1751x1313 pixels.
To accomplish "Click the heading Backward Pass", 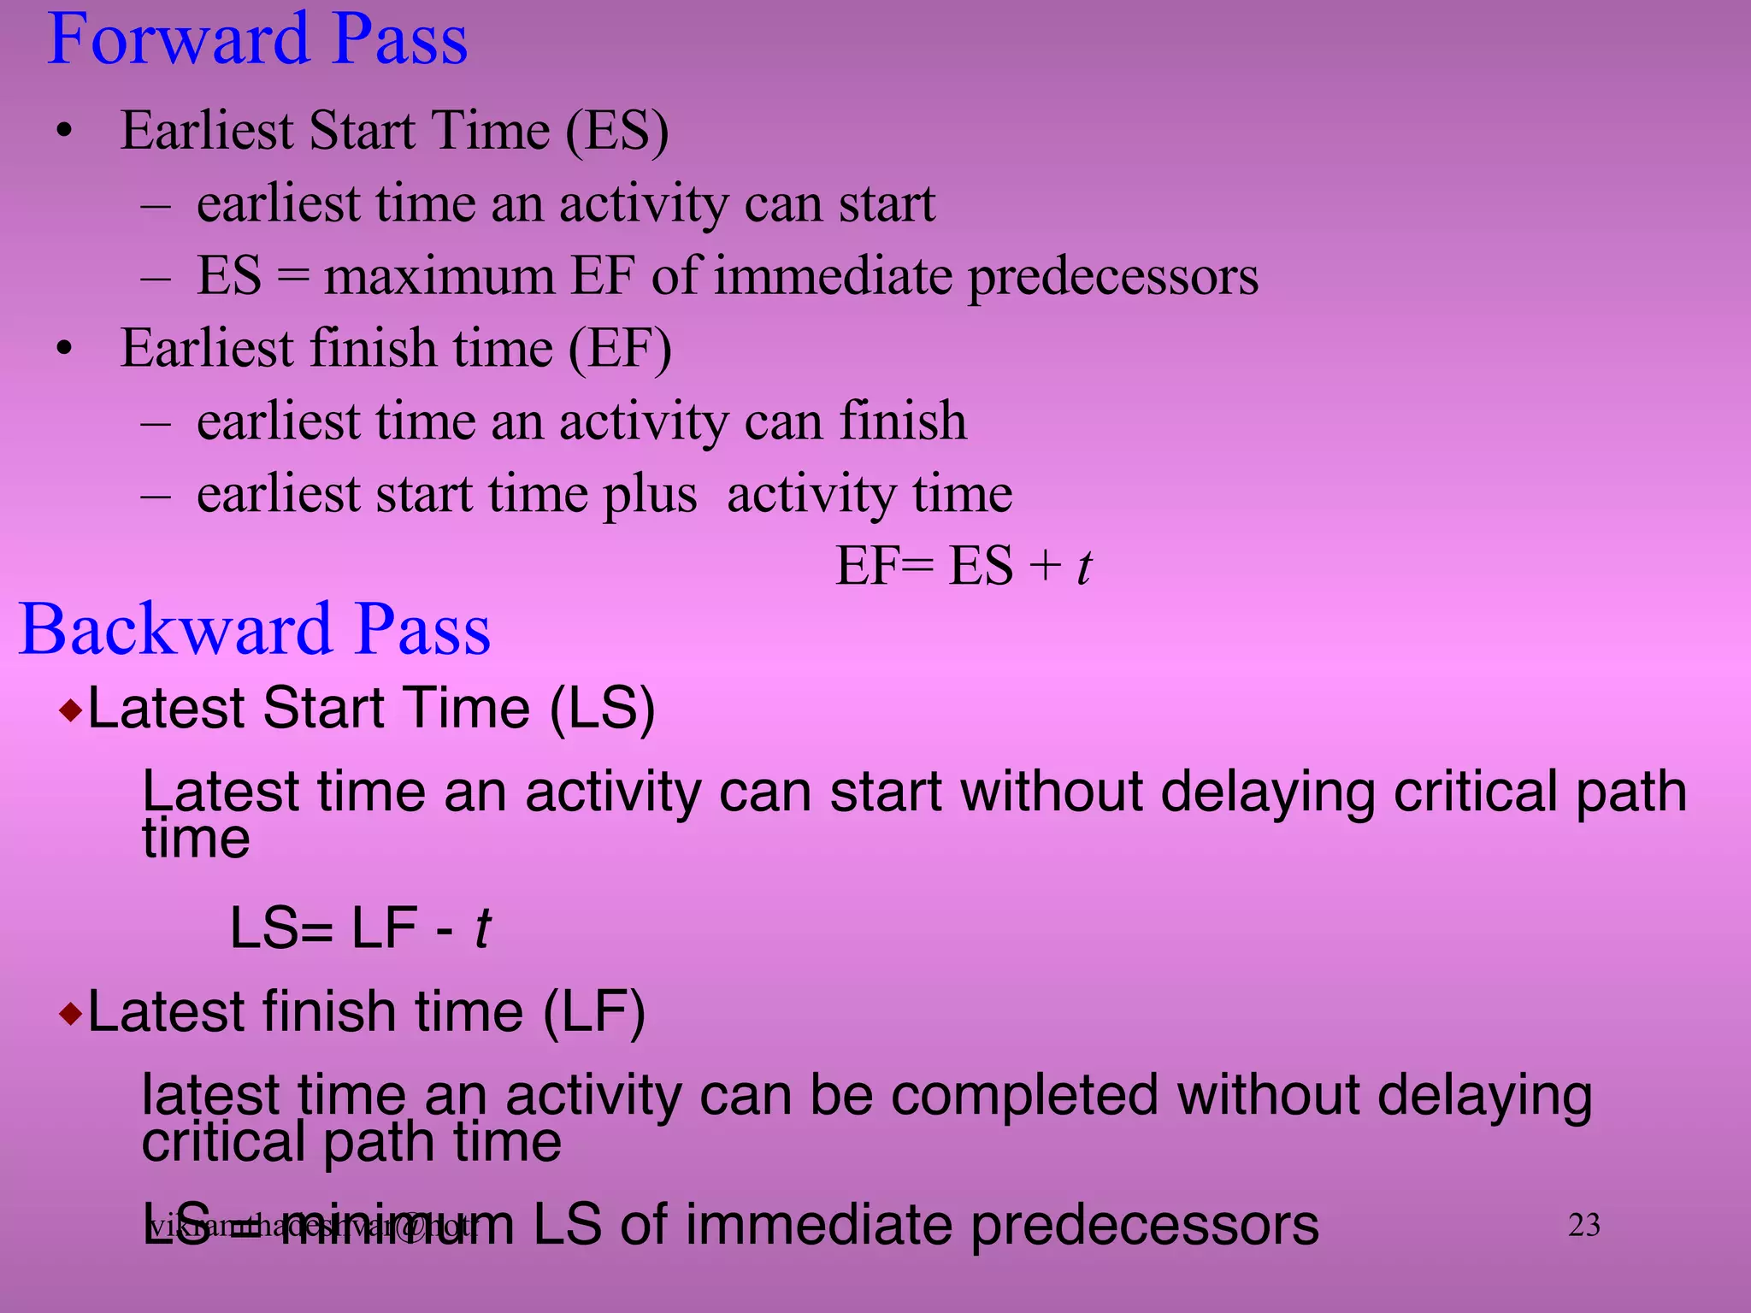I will point(255,630).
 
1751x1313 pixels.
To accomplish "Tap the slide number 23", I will point(1583,1226).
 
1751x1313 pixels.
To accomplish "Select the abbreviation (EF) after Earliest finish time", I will point(620,349).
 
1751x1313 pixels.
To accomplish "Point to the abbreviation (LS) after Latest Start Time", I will point(602,709).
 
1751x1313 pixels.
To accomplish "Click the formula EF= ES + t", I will point(963,567).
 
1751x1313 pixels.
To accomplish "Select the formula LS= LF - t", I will point(360,929).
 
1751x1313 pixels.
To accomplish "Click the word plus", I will point(650,495).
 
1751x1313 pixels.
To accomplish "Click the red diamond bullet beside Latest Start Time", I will point(71,710).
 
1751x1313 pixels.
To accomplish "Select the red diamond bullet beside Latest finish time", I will point(71,1015).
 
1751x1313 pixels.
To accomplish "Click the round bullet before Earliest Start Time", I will point(64,132).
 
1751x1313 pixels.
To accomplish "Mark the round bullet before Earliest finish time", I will point(64,350).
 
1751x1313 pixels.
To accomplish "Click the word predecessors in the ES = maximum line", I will point(1112,277).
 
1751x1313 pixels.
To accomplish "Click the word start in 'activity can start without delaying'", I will point(886,792).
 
